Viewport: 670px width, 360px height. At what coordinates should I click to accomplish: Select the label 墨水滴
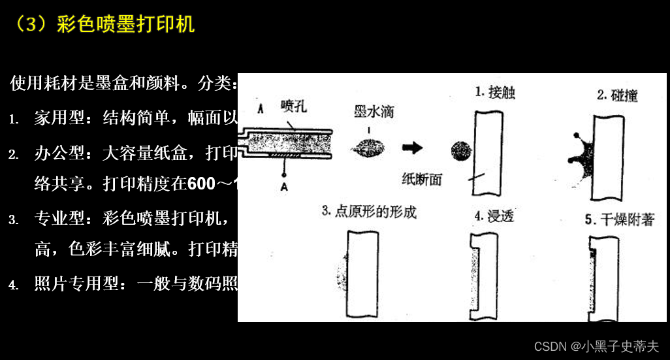pos(374,112)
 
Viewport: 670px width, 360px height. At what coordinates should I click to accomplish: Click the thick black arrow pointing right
pos(412,148)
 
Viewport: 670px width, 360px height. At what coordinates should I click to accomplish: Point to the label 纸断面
pos(422,178)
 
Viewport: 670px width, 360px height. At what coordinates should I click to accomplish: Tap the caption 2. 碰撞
pos(616,96)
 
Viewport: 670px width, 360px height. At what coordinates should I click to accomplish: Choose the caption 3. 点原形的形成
pos(369,212)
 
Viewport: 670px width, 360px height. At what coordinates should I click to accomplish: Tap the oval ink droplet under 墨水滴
pos(369,148)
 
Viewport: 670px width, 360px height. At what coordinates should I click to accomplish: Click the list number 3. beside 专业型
pos(14,220)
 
